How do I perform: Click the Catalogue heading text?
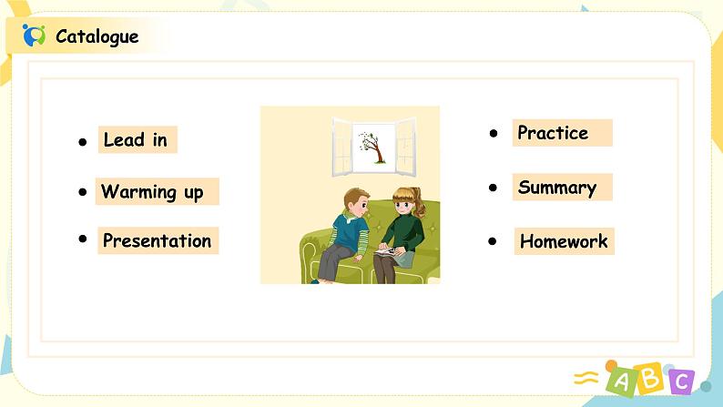point(97,36)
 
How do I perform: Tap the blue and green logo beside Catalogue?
point(34,36)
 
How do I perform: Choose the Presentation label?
point(158,240)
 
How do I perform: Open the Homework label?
point(564,241)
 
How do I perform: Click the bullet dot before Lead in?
point(83,142)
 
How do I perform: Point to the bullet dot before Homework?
point(493,241)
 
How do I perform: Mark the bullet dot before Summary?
point(493,188)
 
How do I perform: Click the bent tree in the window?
point(372,147)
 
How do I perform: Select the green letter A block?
point(621,381)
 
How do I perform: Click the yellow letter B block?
point(649,378)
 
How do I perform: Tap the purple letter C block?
point(680,382)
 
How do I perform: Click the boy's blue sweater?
point(350,233)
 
